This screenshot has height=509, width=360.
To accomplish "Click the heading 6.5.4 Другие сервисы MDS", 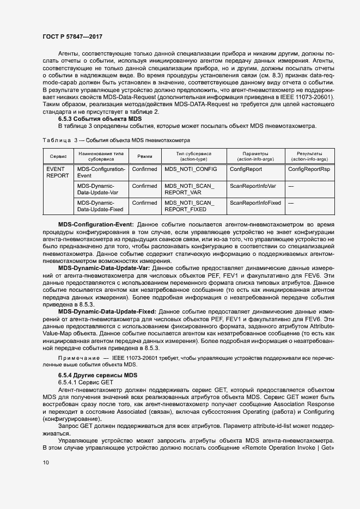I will [x=90, y=376].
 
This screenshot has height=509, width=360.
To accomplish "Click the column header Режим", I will [x=145, y=156].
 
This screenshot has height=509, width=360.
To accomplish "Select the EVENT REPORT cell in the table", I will [x=58, y=173].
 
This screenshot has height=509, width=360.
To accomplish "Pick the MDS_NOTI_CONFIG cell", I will [x=191, y=169].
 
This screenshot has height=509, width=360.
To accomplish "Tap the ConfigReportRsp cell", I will [x=309, y=169].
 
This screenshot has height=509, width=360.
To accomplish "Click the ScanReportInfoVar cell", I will [x=253, y=186].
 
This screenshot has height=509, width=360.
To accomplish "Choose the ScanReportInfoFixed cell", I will [x=255, y=203].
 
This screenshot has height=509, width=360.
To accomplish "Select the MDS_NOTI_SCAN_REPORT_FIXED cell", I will [x=190, y=206].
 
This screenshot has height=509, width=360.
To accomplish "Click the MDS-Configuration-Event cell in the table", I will [x=101, y=173].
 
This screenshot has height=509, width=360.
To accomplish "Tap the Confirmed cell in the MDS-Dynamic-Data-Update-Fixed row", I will [x=144, y=203].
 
